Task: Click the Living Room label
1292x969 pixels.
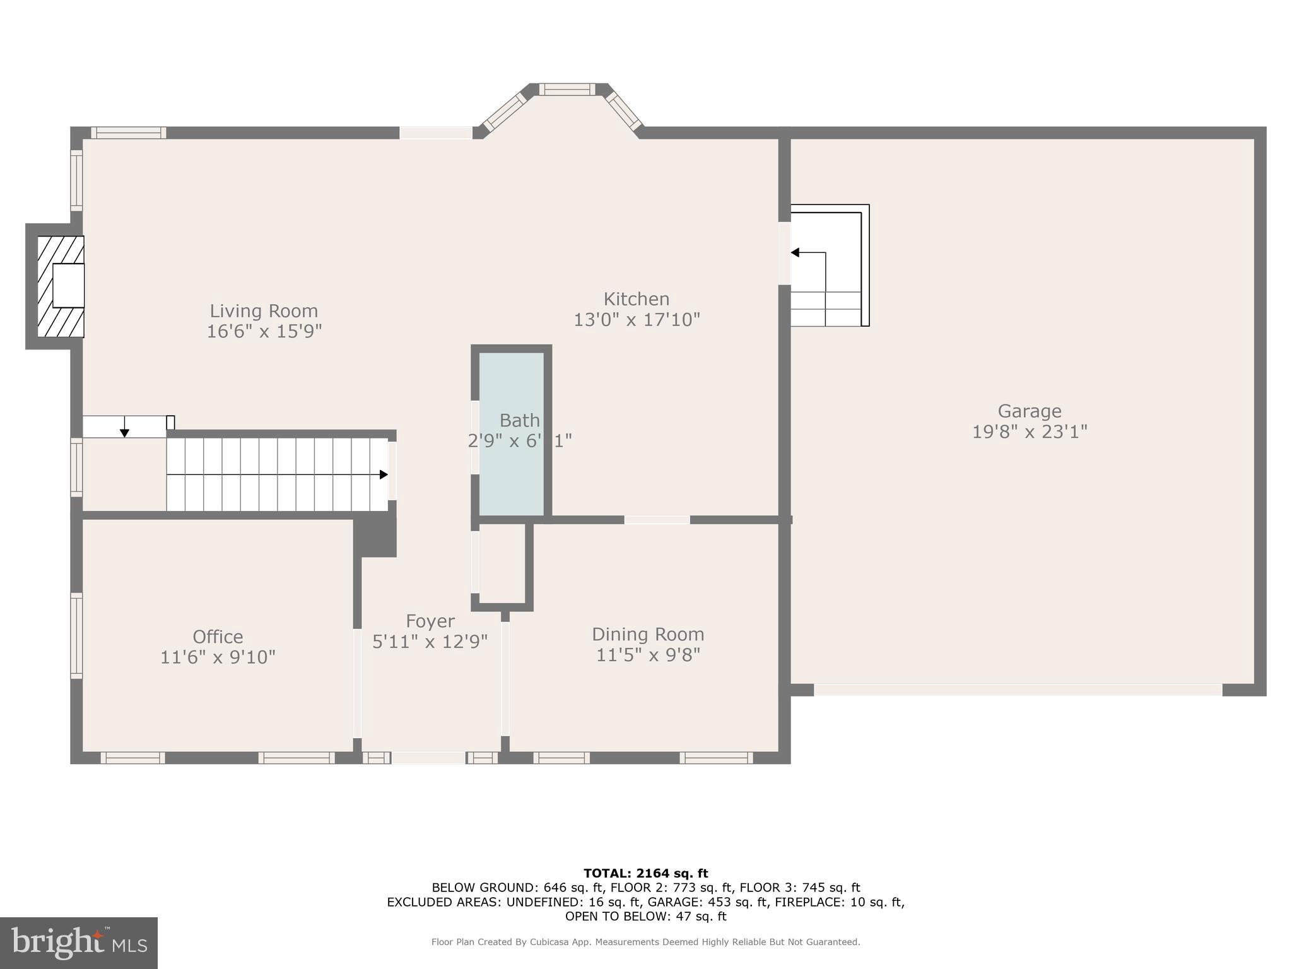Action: [x=264, y=311]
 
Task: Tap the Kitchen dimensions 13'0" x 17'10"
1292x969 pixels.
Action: [x=637, y=320]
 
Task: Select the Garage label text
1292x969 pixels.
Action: [x=1029, y=411]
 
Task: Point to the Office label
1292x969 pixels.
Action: [x=218, y=637]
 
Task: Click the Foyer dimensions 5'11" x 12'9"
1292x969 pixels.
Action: [x=430, y=642]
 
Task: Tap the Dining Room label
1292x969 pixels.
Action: [x=648, y=634]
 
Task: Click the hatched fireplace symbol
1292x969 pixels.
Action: [x=61, y=286]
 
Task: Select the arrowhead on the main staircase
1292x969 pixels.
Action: [x=384, y=474]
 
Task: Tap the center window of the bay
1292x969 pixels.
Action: [x=567, y=90]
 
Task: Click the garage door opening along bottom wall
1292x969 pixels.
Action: [x=1018, y=690]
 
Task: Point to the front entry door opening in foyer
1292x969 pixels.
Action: [x=429, y=758]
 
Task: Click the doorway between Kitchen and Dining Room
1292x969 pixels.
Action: [x=657, y=520]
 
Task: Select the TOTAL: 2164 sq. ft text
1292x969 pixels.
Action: [x=645, y=874]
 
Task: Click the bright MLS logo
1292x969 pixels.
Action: [x=79, y=943]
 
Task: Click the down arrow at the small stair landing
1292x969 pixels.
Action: [x=125, y=432]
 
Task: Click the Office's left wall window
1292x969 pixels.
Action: [x=76, y=635]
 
